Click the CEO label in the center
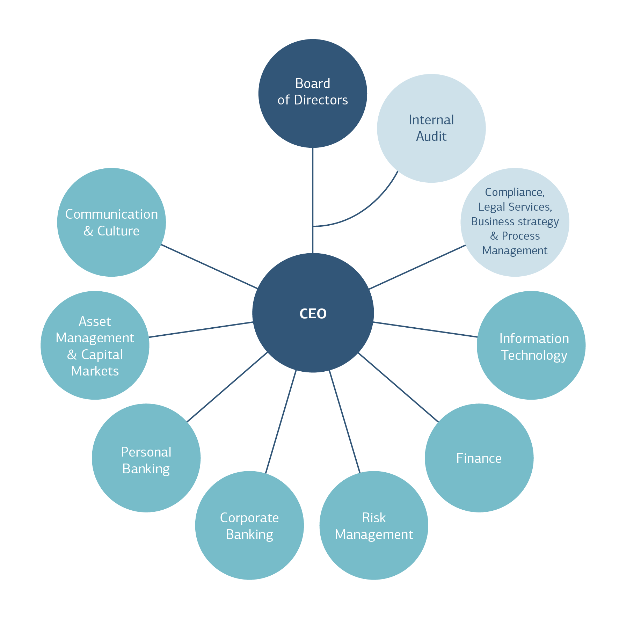(313, 314)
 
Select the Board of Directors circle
(313, 93)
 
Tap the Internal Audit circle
(431, 128)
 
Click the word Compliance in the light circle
(515, 192)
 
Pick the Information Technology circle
(531, 345)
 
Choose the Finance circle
(479, 458)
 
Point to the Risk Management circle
(374, 525)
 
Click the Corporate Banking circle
(249, 525)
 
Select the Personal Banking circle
(146, 458)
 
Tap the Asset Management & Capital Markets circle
(95, 345)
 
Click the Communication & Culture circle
(111, 222)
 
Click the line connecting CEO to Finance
(398, 387)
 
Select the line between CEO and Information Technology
(425, 329)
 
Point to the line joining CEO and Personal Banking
(227, 387)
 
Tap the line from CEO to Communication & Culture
(209, 267)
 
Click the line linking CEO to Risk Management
(344, 422)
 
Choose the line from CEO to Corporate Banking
(281, 422)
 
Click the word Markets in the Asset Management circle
(95, 371)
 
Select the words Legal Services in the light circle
(515, 207)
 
